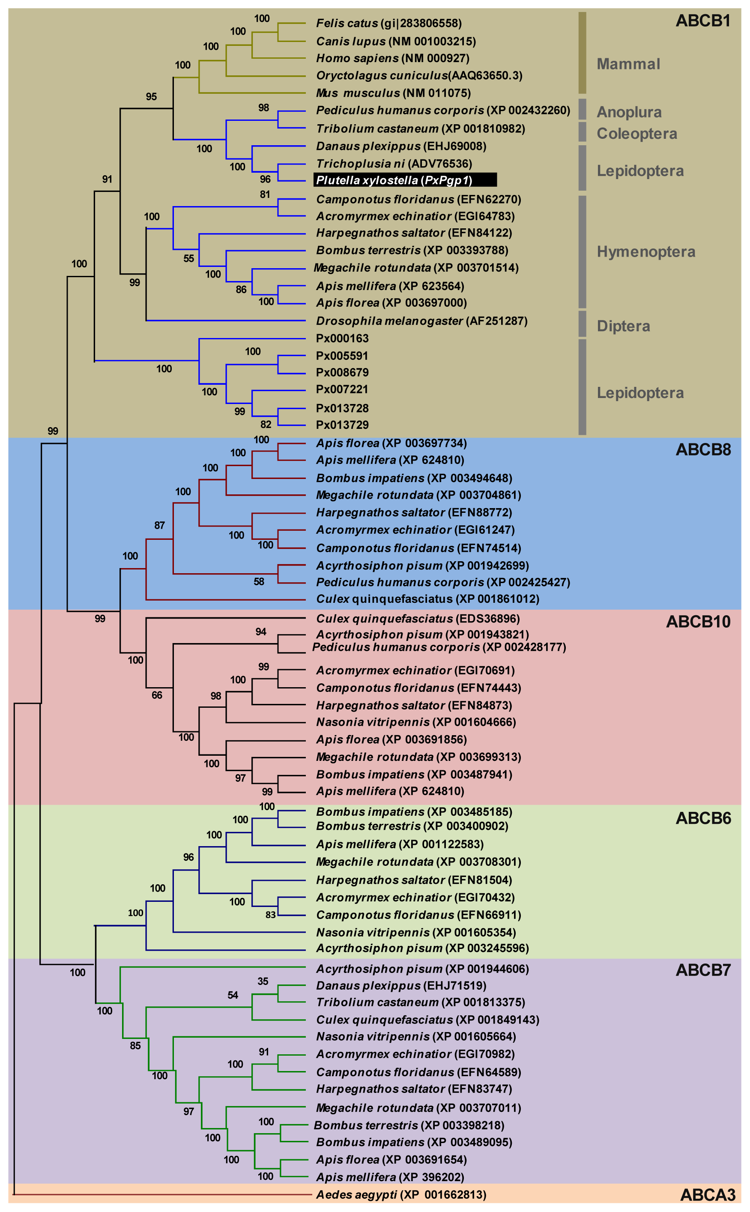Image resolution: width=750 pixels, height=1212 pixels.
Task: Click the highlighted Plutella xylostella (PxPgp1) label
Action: pos(404,180)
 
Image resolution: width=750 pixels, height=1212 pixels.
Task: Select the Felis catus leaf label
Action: pos(388,23)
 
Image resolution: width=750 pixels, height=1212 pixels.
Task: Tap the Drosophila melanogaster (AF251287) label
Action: pos(421,321)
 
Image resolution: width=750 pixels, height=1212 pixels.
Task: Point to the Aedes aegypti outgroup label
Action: pos(401,1194)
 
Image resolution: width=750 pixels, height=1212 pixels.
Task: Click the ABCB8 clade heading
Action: pos(703,449)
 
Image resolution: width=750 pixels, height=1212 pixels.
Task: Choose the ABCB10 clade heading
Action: pos(698,622)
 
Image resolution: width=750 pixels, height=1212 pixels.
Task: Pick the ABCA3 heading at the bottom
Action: pos(707,1194)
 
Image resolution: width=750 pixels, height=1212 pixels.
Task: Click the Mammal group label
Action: pos(628,64)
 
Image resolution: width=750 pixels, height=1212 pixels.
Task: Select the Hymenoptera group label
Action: pos(646,251)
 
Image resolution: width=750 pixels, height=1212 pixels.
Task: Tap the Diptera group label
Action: pos(623,326)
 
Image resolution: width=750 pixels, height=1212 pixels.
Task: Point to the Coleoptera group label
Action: pos(636,134)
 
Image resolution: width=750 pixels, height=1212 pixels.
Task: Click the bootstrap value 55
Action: pos(188,258)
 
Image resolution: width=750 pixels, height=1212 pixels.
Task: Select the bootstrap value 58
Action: pos(259,581)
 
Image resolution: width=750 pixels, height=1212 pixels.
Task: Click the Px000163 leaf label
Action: pos(342,338)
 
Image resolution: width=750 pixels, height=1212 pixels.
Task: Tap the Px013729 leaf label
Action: pos(342,425)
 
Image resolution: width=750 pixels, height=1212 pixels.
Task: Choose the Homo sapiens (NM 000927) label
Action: pos(392,58)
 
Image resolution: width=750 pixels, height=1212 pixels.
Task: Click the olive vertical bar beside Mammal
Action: pos(583,53)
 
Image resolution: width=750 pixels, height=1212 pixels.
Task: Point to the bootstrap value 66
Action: pos(157,695)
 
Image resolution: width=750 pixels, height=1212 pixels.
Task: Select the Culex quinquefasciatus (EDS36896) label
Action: pos(418,619)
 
